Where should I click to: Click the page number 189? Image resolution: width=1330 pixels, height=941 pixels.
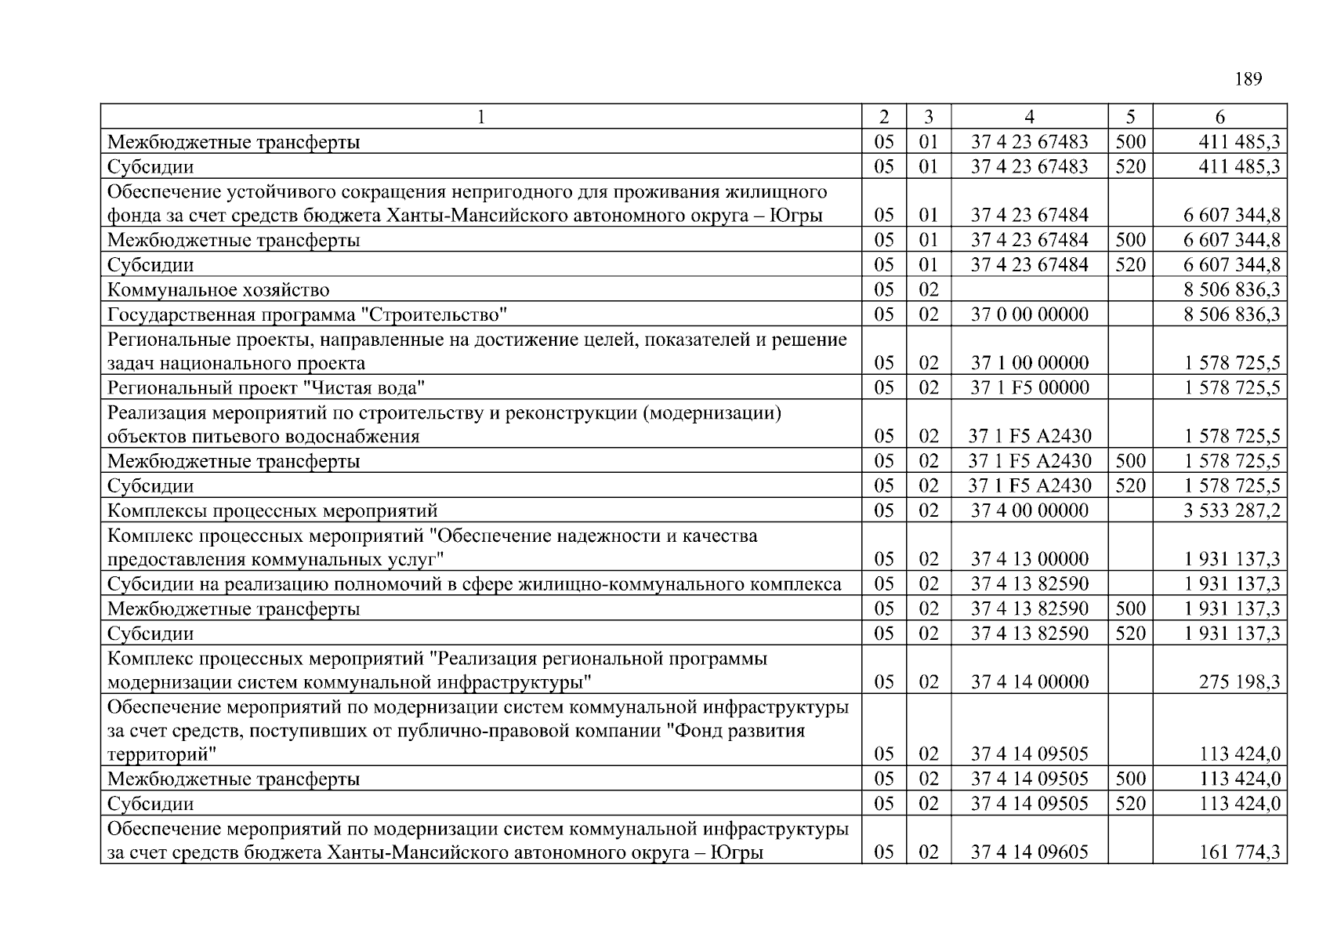coord(1248,79)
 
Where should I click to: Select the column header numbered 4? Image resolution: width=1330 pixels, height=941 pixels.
coord(1029,117)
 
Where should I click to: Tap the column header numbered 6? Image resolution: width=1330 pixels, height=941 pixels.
coord(1219,117)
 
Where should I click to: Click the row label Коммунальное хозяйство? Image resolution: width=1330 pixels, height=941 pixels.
coord(218,290)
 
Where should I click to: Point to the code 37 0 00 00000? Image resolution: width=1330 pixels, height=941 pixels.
coord(1029,314)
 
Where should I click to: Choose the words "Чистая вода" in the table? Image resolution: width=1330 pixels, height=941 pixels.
coord(364,387)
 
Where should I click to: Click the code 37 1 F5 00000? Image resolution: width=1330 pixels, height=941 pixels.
coord(1029,387)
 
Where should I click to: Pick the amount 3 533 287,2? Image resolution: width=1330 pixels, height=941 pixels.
coord(1232,510)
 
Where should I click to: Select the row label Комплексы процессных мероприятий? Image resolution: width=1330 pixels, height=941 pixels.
coord(272,511)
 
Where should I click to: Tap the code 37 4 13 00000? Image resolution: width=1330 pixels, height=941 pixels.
coord(1029,559)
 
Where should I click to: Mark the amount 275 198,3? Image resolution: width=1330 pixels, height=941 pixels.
coord(1239,682)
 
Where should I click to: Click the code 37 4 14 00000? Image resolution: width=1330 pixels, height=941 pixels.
coord(1029,682)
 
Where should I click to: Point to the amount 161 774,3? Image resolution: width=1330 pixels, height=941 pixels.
coord(1239,852)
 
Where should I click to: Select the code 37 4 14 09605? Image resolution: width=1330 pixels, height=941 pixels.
coord(1029,852)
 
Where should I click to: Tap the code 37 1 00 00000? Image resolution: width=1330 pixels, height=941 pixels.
coord(1029,363)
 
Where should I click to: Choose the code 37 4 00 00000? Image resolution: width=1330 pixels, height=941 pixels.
coord(1029,510)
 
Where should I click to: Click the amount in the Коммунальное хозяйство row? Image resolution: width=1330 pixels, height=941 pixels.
coord(1232,290)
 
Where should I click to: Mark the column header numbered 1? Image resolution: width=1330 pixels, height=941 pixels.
coord(480,117)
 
